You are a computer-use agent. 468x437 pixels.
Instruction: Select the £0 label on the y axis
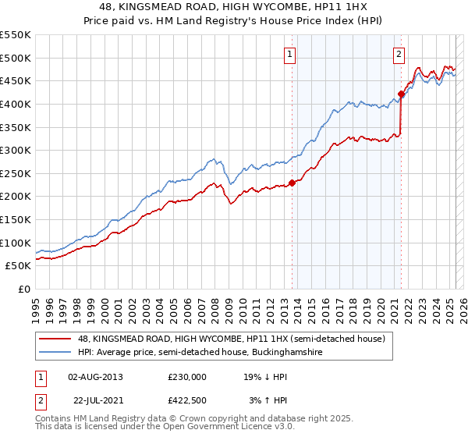point(23,289)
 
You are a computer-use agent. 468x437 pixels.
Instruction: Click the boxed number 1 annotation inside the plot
point(290,55)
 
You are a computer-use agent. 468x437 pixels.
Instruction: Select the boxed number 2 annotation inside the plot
point(399,55)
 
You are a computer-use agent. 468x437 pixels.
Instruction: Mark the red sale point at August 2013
point(292,183)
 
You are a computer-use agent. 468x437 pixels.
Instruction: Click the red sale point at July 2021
point(401,94)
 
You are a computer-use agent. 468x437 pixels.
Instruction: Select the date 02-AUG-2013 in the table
point(96,377)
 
